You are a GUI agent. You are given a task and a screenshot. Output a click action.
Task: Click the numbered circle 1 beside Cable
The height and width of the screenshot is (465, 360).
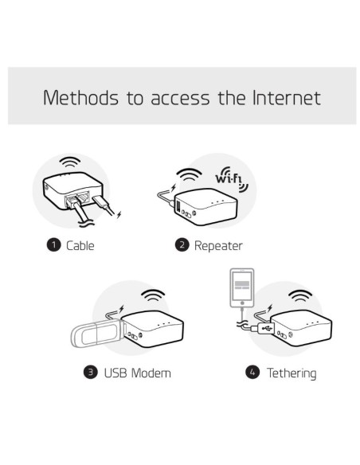click(x=54, y=245)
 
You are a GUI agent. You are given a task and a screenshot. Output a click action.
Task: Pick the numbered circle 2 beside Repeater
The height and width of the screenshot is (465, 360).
click(x=182, y=245)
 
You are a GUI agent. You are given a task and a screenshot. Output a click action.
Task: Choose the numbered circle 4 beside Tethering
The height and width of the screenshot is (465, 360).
click(x=253, y=372)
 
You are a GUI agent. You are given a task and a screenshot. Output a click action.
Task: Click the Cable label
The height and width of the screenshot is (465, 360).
click(x=80, y=245)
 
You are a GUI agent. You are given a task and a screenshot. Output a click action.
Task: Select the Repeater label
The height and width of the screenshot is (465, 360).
click(x=218, y=245)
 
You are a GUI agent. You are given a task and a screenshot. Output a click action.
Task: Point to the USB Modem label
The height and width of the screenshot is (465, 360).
click(x=138, y=372)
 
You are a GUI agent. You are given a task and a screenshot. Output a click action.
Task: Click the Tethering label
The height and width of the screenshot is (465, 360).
click(x=291, y=372)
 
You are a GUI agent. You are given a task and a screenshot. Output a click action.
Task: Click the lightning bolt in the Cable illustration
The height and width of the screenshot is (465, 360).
click(x=119, y=213)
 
